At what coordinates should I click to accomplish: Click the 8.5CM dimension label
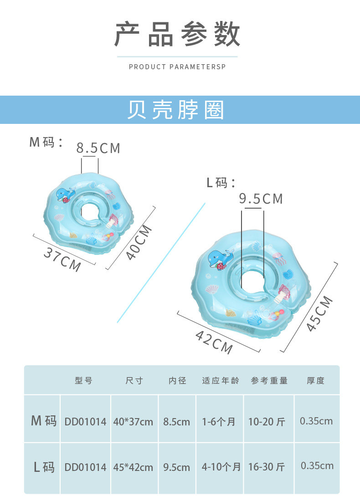pos(98,148)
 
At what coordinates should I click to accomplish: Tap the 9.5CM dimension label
pos(261,199)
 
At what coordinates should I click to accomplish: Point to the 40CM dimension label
pos(139,242)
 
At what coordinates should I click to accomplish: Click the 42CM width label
pos(214,342)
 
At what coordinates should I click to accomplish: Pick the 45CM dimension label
pos(319,313)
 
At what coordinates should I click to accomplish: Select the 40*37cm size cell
pos(133,422)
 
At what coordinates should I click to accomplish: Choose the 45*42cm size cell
pos(133,467)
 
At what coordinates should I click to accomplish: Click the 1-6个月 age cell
pos(219,422)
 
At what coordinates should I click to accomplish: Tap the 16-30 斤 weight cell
pos(267,467)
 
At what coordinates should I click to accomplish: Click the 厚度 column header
pos(315,381)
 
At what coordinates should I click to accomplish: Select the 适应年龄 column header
pos(221,381)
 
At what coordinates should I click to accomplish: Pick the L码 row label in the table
pos(44,467)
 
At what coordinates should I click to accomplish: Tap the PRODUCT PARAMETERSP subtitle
pos(177,67)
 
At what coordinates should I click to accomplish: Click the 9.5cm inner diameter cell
pos(177,467)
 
